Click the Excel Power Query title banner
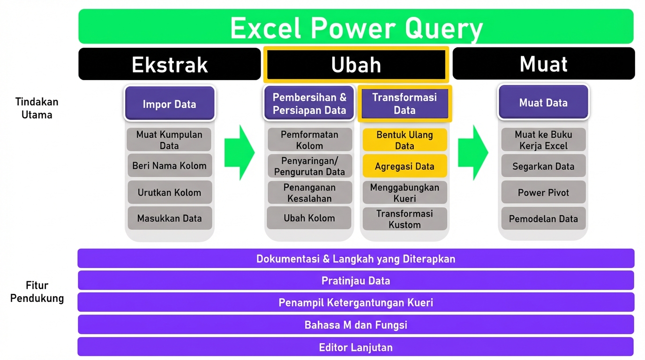356,27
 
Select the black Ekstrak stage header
169,64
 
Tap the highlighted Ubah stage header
356,64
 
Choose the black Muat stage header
543,64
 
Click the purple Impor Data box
169,104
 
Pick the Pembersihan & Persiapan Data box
309,104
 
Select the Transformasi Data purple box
405,104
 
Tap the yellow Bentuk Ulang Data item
405,140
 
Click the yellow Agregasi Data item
405,166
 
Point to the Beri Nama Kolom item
169,165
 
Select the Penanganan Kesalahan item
309,193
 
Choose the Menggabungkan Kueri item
405,193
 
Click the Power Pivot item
543,192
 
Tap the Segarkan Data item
543,166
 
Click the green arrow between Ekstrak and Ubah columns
239,152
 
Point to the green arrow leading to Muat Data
472,152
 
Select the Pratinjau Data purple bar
356,281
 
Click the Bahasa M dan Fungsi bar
356,324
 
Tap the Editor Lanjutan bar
356,347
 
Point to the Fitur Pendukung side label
37,292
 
